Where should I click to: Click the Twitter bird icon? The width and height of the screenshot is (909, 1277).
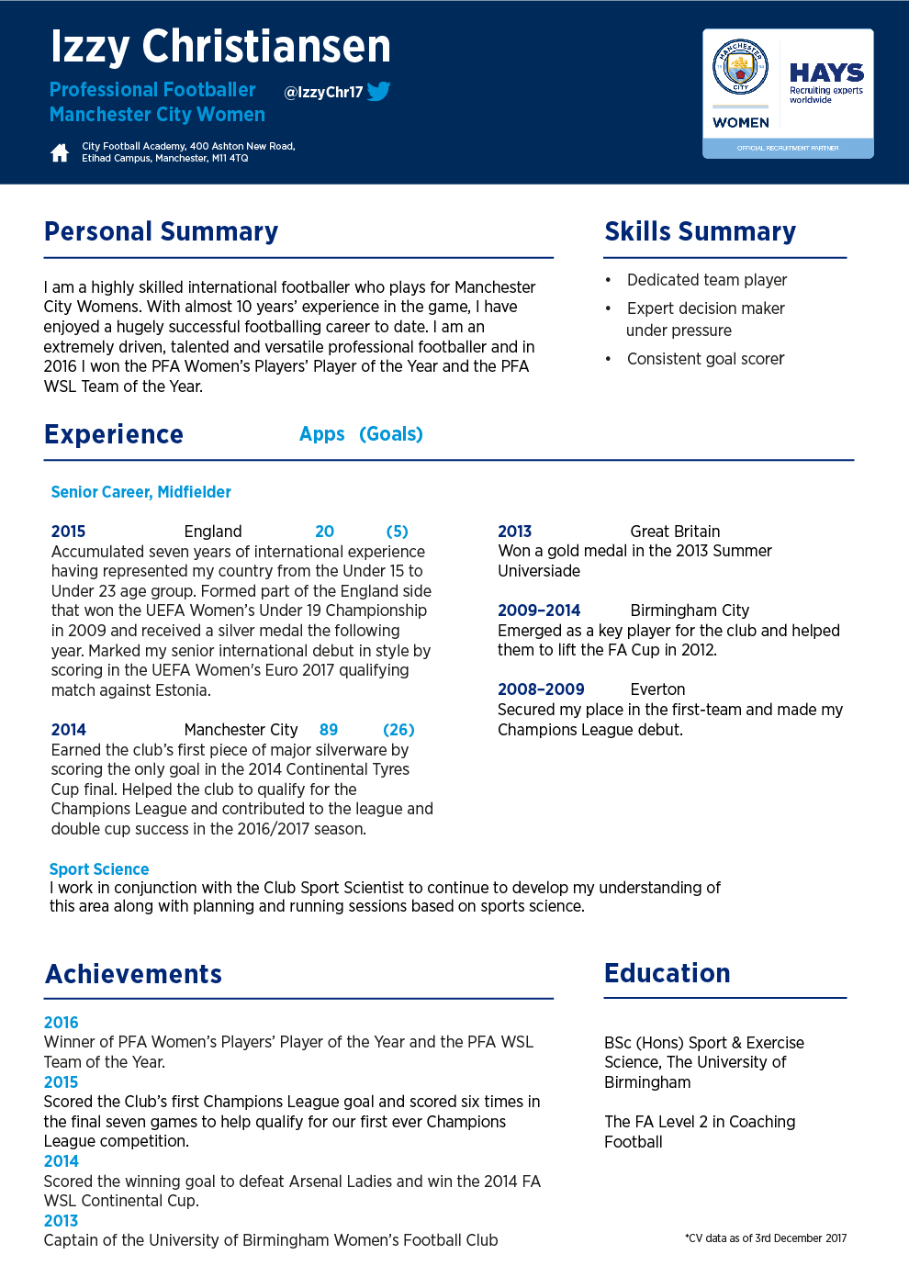tap(378, 91)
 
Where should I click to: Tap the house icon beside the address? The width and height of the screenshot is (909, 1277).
tap(60, 152)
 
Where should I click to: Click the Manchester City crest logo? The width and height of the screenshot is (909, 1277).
tap(740, 66)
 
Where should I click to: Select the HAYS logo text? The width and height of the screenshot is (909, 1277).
tap(826, 73)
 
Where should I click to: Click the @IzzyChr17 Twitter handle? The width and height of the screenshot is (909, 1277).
tap(323, 92)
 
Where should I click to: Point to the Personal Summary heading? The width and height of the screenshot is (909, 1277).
tap(161, 231)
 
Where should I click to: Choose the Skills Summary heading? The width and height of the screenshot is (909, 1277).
tap(700, 231)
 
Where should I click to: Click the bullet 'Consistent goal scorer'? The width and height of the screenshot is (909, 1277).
tap(705, 359)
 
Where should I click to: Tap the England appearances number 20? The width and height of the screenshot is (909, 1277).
tap(324, 532)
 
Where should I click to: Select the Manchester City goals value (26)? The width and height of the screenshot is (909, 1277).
tap(398, 730)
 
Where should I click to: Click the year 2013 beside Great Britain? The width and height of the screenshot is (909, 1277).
tap(514, 532)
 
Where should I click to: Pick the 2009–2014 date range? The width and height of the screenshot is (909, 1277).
tap(539, 610)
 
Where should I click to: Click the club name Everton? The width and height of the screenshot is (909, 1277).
tap(657, 689)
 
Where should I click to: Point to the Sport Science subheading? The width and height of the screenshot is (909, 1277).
tap(99, 869)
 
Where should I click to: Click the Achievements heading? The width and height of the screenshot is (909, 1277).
tap(134, 974)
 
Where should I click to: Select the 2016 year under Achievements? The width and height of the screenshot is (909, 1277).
tap(62, 1023)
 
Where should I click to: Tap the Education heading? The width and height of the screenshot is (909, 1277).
tap(668, 973)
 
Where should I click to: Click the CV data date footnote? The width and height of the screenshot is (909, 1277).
tap(766, 1238)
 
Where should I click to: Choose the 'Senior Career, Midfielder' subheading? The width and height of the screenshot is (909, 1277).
tap(141, 492)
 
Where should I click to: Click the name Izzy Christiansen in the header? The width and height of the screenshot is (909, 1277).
tap(220, 46)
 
